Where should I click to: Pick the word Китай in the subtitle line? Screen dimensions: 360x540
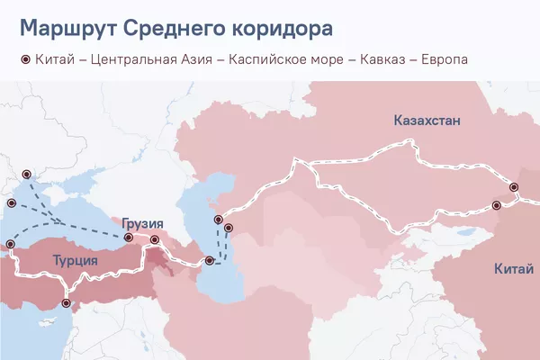coord(53,59)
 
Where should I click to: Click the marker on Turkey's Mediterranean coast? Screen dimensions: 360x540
coord(65,304)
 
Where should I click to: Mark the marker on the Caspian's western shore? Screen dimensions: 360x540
coord(209,261)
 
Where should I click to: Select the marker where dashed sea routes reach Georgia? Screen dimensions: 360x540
coord(129,238)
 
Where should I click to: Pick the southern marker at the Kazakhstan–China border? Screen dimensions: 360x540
coord(495,206)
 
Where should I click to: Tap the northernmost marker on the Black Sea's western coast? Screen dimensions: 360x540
coord(26,173)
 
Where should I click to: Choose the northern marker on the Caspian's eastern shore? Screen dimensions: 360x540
coord(217,220)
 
